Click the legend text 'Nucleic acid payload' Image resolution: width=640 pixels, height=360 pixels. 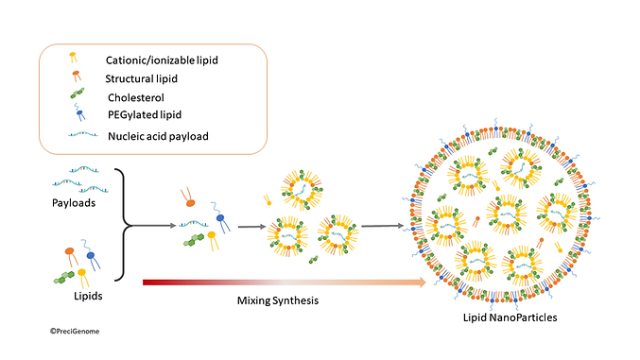[160, 136]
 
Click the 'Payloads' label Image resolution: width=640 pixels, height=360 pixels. [75, 203]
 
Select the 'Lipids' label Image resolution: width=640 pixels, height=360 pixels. [75, 295]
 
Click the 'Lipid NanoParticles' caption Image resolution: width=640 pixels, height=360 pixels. [510, 318]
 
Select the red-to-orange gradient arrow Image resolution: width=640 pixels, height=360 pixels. [284, 281]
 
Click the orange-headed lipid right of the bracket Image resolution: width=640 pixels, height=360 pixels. [189, 201]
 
